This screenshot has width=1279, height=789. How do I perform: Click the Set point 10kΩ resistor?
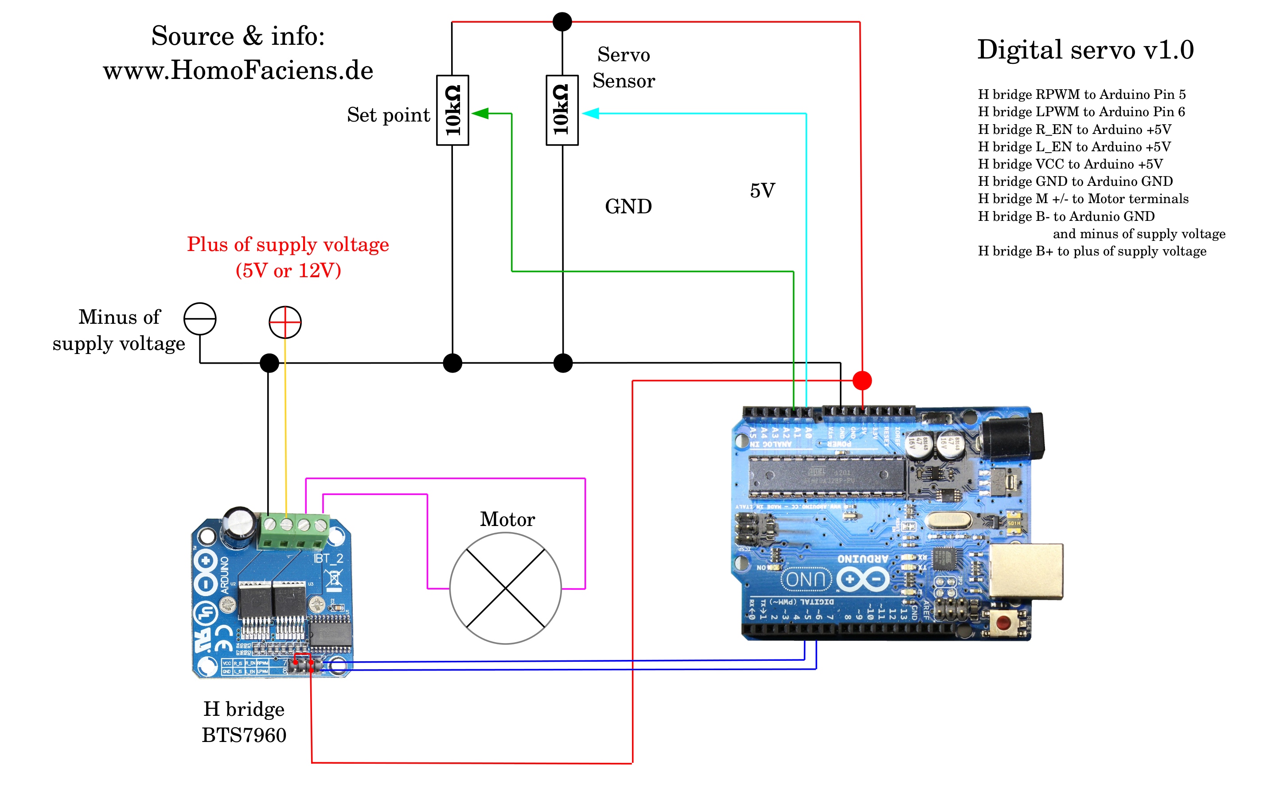(452, 110)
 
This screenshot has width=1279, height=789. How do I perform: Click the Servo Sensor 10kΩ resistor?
(562, 110)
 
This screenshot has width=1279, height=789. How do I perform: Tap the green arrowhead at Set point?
(481, 113)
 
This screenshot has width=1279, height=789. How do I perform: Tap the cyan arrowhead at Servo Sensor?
(590, 113)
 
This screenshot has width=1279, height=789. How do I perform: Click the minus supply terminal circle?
(200, 318)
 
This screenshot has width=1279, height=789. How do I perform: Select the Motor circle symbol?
(505, 588)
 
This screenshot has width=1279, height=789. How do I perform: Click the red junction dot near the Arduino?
(862, 381)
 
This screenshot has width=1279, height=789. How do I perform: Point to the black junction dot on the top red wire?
(562, 22)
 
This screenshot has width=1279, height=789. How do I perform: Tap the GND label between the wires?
(628, 207)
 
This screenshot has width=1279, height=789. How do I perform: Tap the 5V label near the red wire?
(762, 190)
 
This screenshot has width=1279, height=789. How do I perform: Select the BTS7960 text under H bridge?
(244, 735)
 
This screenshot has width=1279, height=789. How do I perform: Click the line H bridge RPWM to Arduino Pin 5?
(1081, 94)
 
